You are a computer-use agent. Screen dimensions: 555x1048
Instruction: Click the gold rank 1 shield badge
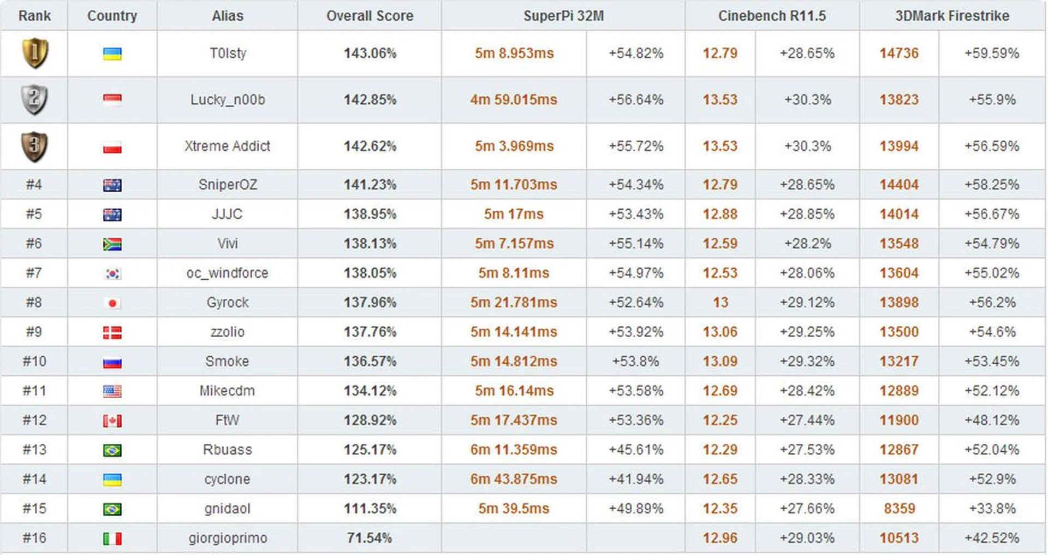34,53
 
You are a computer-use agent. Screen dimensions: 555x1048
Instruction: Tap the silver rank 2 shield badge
34,99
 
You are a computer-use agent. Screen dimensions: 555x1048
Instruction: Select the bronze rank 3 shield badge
34,146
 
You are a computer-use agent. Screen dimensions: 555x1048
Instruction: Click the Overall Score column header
370,16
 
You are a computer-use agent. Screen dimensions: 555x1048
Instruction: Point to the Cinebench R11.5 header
772,16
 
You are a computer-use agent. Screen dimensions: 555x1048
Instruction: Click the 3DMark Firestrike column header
952,16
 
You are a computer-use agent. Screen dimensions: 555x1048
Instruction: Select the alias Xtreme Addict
227,146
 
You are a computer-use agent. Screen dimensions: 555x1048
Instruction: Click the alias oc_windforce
227,273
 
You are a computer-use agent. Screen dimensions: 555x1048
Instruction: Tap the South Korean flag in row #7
112,273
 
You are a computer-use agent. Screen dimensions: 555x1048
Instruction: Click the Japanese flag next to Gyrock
112,303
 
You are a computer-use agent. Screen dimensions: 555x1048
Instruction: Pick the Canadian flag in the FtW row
112,421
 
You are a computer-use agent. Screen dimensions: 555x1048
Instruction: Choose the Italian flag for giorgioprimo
112,539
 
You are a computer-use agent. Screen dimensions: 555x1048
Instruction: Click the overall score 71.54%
370,538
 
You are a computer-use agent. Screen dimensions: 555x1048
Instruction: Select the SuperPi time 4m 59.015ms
514,99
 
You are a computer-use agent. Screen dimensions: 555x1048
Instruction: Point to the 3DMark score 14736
899,53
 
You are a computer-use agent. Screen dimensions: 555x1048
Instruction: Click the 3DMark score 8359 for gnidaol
899,509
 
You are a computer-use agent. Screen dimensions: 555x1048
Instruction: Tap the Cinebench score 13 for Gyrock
720,303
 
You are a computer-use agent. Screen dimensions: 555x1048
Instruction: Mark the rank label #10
34,362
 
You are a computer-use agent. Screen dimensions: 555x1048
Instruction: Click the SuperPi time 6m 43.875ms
514,479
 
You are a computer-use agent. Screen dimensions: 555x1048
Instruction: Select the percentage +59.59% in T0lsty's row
991,53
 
